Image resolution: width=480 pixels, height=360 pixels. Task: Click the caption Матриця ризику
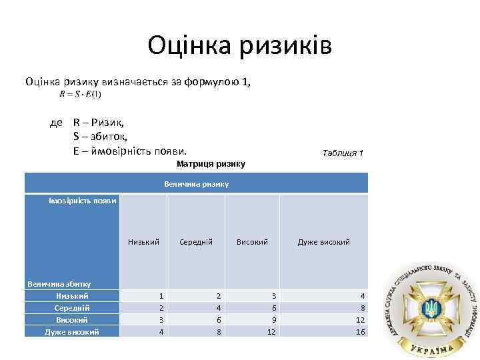211,164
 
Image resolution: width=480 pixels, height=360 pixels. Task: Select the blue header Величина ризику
196,183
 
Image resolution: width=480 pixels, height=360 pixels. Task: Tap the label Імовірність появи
83,201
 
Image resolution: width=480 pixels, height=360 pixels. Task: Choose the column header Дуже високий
323,242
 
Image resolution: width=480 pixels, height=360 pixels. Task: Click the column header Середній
196,242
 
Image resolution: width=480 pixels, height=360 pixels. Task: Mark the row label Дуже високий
72,331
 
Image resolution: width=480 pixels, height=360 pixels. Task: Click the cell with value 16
361,331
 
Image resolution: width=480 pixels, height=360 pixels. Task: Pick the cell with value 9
271,319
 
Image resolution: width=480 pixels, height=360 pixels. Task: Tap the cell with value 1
161,295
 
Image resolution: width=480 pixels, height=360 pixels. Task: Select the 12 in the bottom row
271,331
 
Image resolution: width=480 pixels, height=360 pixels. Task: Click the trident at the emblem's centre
430,307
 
